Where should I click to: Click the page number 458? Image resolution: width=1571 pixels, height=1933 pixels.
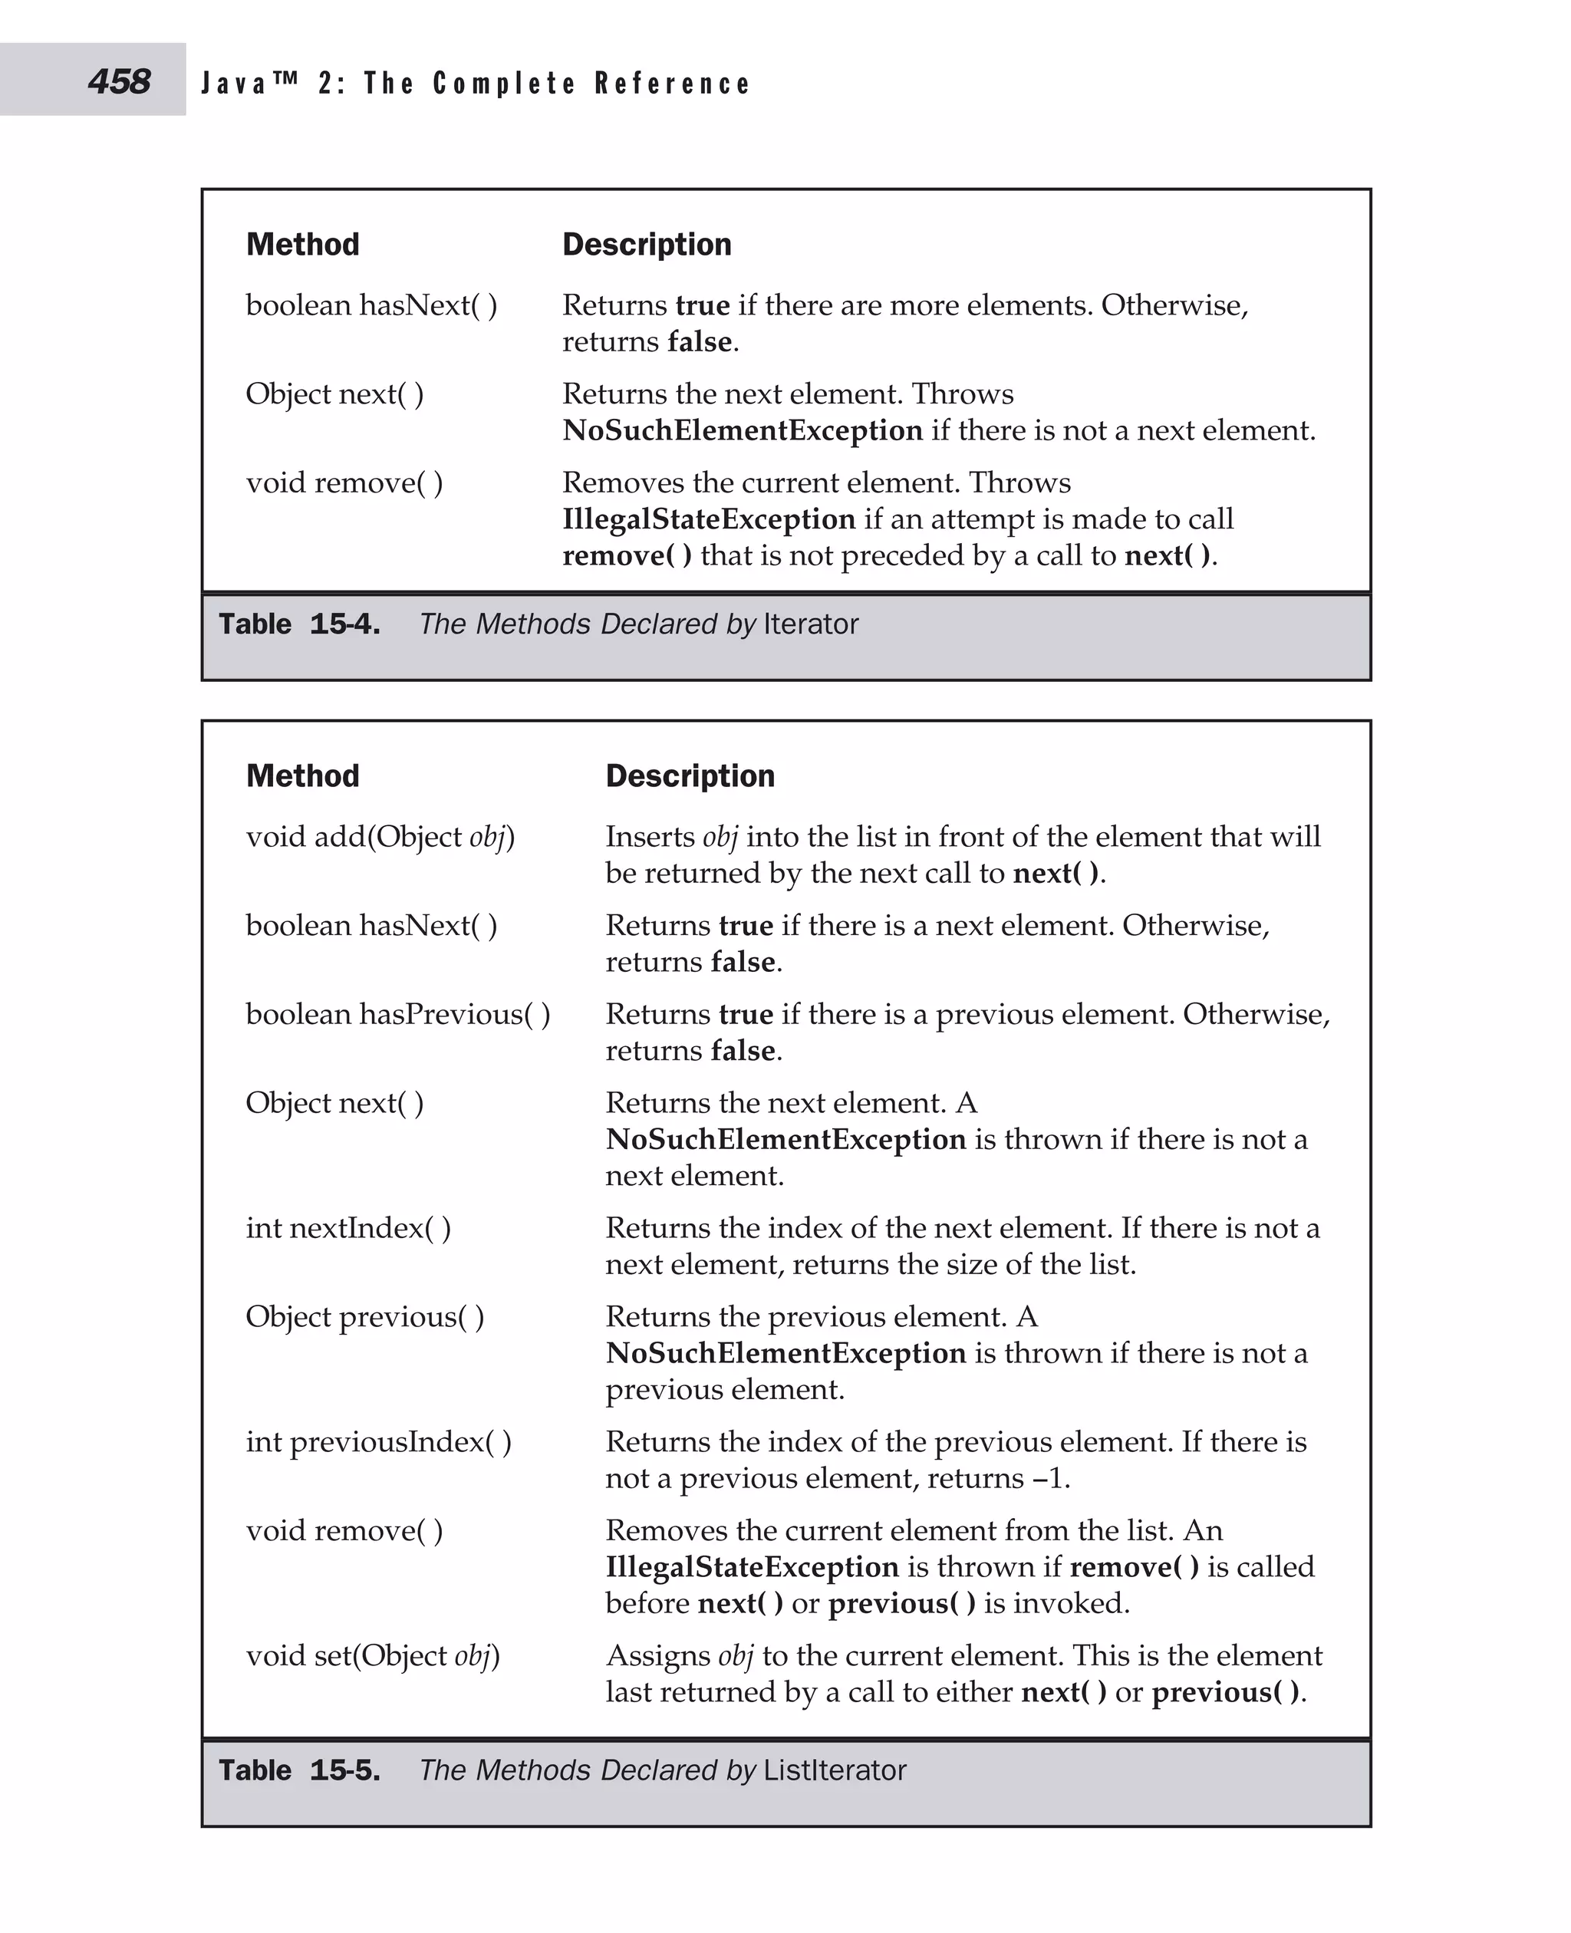pyautogui.click(x=119, y=81)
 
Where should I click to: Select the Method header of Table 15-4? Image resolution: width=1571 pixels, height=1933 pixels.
pyautogui.click(x=302, y=245)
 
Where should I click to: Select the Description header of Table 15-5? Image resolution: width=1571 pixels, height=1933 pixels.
pyautogui.click(x=690, y=776)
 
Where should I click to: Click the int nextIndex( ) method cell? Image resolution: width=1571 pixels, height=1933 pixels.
pyautogui.click(x=347, y=1228)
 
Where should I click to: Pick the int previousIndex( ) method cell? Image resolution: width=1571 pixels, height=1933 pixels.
pyautogui.click(x=378, y=1441)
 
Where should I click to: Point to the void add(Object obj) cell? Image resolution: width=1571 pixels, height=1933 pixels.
pyautogui.click(x=380, y=837)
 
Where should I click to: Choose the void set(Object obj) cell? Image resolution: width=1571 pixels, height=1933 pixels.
pyautogui.click(x=372, y=1656)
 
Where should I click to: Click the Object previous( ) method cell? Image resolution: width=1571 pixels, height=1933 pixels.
pyautogui.click(x=364, y=1317)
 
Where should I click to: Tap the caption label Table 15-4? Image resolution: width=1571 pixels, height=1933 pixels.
pyautogui.click(x=298, y=624)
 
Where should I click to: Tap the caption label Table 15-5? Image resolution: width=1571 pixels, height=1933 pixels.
pyautogui.click(x=298, y=1770)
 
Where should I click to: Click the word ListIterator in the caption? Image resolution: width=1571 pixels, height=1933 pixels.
pyautogui.click(x=835, y=1770)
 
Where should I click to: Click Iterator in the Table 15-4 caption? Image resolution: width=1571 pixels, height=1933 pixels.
pyautogui.click(x=811, y=624)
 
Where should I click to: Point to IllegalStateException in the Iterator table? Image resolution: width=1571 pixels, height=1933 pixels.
pyautogui.click(x=709, y=519)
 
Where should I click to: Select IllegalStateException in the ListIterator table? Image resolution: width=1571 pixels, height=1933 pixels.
pyautogui.click(x=752, y=1567)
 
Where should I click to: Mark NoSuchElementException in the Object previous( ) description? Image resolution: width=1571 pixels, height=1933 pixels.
pyautogui.click(x=785, y=1353)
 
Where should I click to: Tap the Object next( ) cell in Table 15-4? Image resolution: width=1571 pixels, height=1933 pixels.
pyautogui.click(x=334, y=394)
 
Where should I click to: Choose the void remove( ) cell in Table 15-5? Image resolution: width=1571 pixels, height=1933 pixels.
pyautogui.click(x=344, y=1530)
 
